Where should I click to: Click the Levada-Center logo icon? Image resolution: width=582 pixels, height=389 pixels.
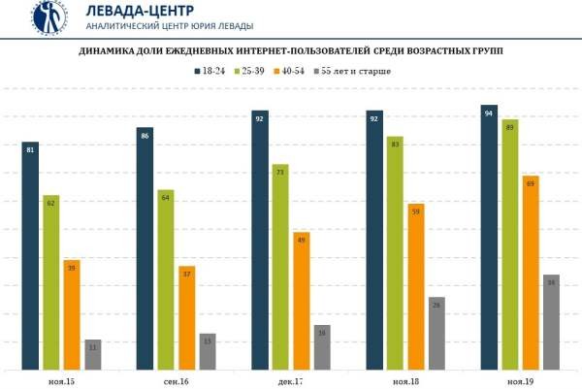coord(48,16)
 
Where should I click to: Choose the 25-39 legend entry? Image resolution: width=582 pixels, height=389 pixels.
coord(257,71)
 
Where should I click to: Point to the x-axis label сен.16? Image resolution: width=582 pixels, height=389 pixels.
coord(176,382)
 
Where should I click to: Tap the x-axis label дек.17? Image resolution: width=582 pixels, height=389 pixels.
coord(291,382)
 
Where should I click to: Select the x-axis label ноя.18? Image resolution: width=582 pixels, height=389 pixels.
coord(405,382)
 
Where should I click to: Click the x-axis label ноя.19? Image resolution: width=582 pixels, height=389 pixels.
coord(520,382)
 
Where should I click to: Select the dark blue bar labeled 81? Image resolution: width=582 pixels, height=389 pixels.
coord(30,256)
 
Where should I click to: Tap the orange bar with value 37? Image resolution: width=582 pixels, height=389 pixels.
coord(187,317)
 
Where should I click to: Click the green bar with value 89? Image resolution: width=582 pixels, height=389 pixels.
coord(510,244)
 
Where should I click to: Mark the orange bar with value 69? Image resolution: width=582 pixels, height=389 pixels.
coord(531,273)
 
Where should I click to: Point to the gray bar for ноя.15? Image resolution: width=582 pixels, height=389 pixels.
coord(93,355)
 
